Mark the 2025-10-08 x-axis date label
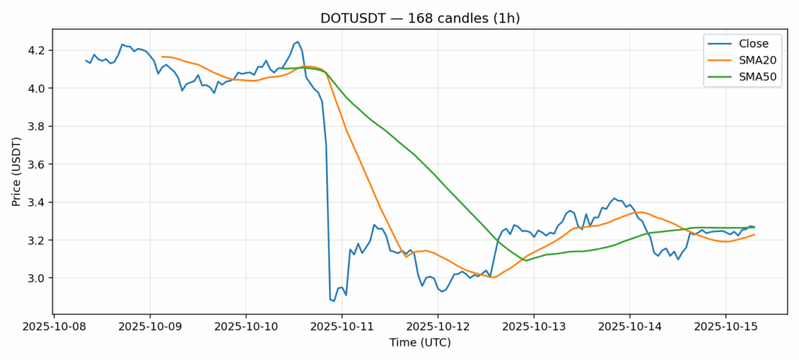pos(54,327)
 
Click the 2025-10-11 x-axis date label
pos(342,327)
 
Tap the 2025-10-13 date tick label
pos(533,327)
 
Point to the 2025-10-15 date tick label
pos(725,327)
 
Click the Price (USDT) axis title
pos(14,171)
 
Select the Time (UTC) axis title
pos(420,343)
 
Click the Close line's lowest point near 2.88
pos(334,301)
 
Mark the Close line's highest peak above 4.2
pos(298,42)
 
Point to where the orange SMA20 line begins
pos(162,56)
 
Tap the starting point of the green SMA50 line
pos(281,68)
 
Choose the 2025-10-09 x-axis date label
pos(150,327)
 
